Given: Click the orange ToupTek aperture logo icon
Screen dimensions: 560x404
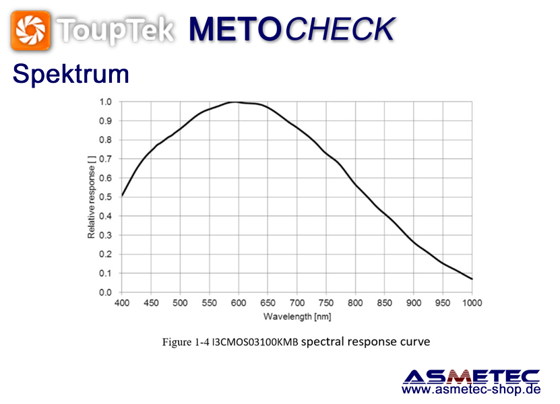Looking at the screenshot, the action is pos(30,30).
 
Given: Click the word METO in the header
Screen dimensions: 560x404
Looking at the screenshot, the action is pos(236,29).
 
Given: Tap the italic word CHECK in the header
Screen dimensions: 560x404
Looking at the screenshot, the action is pos(340,29).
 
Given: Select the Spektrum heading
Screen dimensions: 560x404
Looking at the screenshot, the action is pos(71,74).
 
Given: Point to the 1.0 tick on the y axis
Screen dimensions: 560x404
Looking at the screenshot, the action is pos(105,102).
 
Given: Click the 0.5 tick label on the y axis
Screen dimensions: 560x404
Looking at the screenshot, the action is pos(105,197).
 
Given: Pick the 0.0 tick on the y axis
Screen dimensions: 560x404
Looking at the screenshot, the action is pos(105,292).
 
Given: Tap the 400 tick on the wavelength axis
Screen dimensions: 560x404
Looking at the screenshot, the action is pos(122,303).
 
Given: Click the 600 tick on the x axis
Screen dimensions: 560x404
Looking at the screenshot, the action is pos(239,303).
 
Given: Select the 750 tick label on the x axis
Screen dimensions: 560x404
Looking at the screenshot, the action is pos(326,303).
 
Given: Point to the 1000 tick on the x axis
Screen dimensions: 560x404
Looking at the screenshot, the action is pos(472,303).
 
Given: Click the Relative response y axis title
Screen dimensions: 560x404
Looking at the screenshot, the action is pos(92,197).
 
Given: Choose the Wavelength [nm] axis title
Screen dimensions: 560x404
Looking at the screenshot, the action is pos(297,316).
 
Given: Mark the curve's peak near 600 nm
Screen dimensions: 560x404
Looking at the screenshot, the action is pos(234,102).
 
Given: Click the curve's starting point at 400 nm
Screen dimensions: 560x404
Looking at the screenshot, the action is pos(122,195).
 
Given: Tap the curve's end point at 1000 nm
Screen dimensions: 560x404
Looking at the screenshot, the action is pos(472,279).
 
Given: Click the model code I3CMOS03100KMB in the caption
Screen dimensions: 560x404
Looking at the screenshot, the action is pos(255,342).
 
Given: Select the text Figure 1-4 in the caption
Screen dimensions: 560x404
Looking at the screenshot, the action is pos(186,342).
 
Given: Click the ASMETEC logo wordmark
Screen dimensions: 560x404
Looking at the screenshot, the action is pos(472,377).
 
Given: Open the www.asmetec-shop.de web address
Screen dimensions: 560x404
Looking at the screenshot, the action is pos(472,389).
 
